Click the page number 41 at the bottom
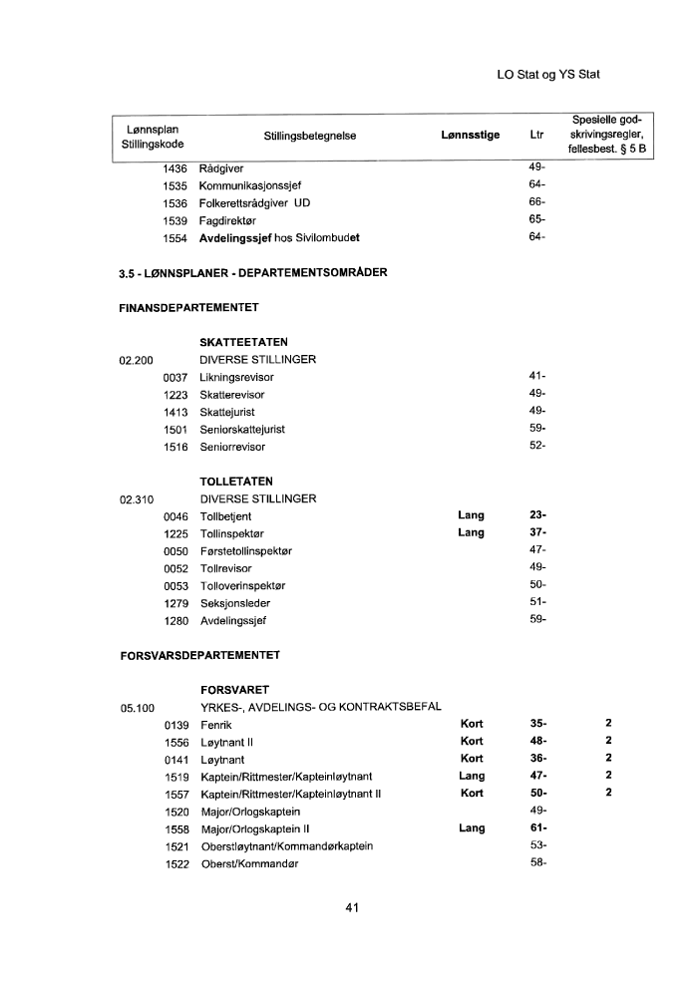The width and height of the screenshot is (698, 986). pos(351,908)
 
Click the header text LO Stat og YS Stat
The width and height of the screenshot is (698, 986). pos(554,75)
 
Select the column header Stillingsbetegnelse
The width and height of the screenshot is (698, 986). pos(310,137)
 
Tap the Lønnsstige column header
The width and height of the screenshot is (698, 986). pos(470,137)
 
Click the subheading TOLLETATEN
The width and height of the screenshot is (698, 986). pos(236,482)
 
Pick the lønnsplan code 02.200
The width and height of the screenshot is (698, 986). pos(137,360)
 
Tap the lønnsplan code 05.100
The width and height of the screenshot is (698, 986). pos(138,708)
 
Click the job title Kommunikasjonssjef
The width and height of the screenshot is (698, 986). pos(250,186)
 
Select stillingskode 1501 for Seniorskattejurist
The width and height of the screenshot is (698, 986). pos(175,430)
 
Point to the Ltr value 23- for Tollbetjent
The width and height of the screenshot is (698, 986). pos(536,515)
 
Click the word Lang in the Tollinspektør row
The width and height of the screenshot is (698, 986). pos(471,533)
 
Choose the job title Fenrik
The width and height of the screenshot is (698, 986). pos(216,725)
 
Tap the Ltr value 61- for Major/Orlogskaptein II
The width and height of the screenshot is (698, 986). pos(536,828)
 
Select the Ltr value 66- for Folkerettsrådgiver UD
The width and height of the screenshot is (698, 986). pos(536,203)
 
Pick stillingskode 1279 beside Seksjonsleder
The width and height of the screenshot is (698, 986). pos(175,603)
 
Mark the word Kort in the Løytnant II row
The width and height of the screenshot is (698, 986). pos(472,742)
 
